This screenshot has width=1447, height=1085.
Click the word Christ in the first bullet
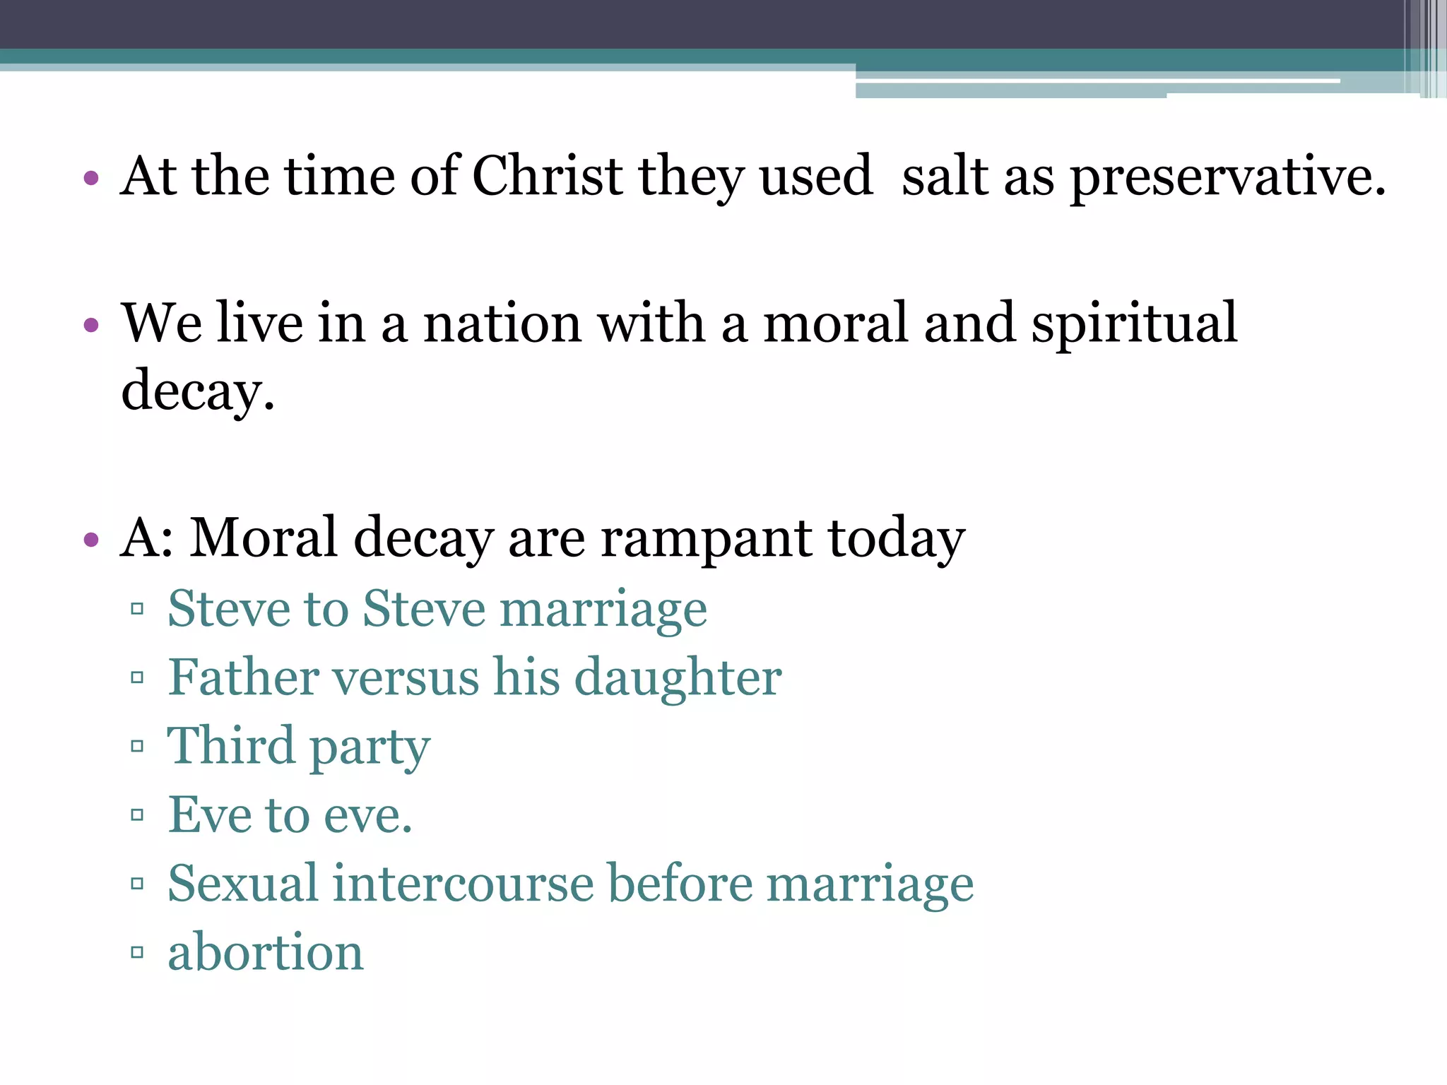tap(548, 176)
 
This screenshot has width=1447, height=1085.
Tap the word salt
tap(945, 176)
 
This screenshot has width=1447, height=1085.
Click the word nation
tap(502, 324)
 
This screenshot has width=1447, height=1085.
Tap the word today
tap(896, 540)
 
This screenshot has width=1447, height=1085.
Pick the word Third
tap(231, 746)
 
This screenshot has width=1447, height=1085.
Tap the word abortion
tap(266, 951)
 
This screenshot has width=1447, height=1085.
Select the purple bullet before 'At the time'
tap(90, 177)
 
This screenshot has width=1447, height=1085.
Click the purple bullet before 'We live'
tap(90, 325)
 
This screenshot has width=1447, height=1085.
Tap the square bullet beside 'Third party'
tap(137, 746)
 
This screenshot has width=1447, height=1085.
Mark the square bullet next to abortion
tap(137, 952)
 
